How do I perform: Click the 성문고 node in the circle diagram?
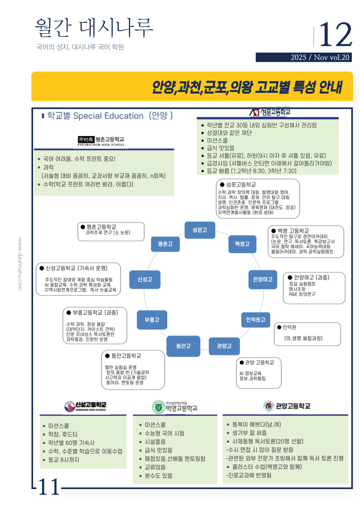(x=199, y=230)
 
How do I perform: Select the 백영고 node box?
(x=242, y=244)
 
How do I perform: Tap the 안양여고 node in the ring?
(x=263, y=279)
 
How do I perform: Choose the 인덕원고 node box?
(x=255, y=319)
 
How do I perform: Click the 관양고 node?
(x=224, y=346)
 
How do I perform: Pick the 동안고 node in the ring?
(x=183, y=346)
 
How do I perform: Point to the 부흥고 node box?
(x=152, y=319)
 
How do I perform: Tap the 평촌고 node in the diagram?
(x=165, y=244)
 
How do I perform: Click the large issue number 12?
(x=336, y=35)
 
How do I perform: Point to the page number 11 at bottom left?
(x=49, y=487)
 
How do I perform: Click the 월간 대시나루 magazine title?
(x=94, y=28)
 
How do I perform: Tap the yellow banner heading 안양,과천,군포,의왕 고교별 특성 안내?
(x=247, y=87)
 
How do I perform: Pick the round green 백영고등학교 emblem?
(x=158, y=407)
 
